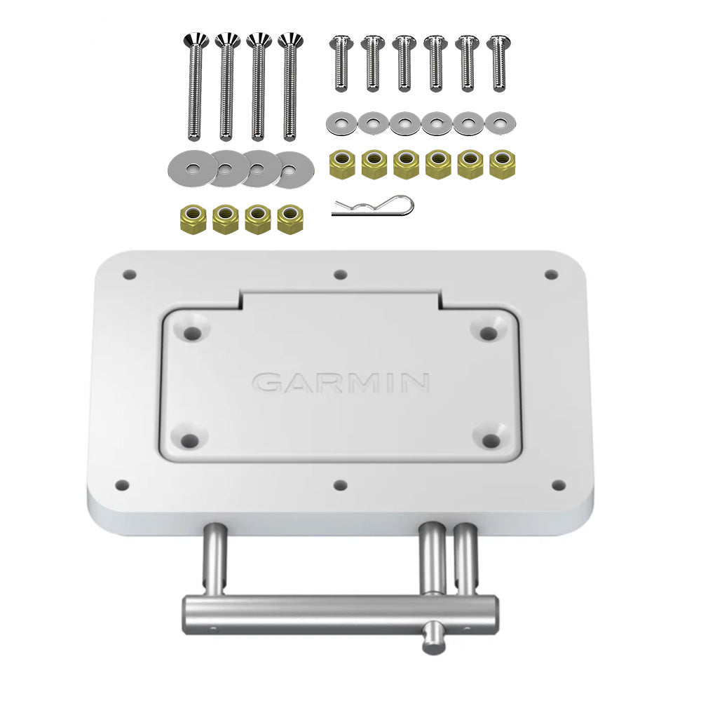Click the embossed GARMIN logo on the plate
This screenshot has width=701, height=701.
(341, 383)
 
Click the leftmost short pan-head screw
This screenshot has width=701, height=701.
(341, 63)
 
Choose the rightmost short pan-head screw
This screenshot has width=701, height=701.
(498, 63)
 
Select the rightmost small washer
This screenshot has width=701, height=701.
(500, 124)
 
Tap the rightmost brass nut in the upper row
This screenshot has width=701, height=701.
(500, 165)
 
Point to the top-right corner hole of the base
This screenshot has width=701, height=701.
(551, 274)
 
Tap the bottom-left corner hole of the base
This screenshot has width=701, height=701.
(123, 484)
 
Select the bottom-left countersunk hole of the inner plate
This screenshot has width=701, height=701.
(189, 440)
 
